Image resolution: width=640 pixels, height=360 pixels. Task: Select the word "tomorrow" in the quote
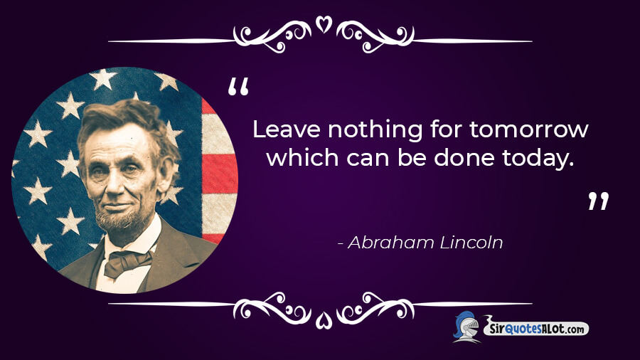[x=528, y=129]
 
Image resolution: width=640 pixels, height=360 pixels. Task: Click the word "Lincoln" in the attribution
[x=471, y=242]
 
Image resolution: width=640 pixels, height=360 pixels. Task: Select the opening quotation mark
[x=238, y=87]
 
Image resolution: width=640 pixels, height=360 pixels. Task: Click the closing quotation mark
[x=598, y=201]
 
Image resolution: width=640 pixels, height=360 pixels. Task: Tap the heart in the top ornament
[x=324, y=24]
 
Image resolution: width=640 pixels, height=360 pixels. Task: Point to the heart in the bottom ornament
[x=324, y=320]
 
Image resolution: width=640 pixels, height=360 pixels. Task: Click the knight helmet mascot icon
[x=467, y=327]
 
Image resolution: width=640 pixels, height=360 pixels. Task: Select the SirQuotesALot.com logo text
[x=536, y=328]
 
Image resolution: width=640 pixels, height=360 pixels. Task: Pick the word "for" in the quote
[x=446, y=129]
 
